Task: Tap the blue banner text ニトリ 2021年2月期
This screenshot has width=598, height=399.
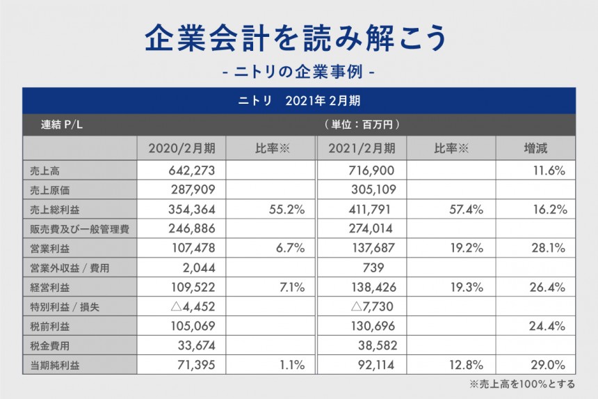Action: (x=298, y=100)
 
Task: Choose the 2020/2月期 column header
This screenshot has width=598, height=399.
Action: (x=182, y=148)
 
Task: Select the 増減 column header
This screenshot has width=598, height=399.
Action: (x=535, y=148)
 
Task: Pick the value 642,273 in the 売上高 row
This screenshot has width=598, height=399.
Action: (x=195, y=170)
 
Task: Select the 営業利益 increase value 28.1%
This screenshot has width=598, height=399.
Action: (x=549, y=248)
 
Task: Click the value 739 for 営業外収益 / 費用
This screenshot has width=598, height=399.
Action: (x=374, y=267)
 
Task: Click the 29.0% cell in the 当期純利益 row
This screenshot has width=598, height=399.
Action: (x=549, y=365)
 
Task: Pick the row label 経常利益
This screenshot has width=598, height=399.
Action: (x=50, y=287)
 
